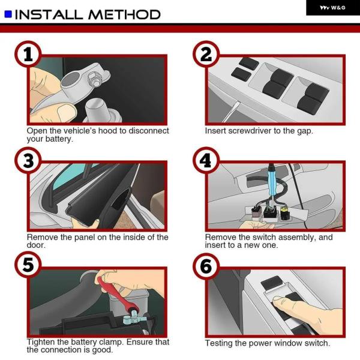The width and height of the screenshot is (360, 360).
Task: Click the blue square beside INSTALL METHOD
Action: pos(8,14)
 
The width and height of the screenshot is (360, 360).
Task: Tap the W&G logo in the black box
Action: pos(332,8)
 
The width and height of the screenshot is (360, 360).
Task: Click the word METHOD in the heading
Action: pos(124,14)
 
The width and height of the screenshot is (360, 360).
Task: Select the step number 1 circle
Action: pos(28,54)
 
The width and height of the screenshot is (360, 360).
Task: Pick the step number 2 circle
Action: pos(206,54)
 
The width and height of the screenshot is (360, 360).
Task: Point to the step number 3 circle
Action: pos(28,160)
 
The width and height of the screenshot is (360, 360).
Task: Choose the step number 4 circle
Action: pos(206,160)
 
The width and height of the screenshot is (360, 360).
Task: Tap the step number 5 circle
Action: pos(28,265)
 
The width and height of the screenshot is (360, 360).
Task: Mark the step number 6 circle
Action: pos(206,266)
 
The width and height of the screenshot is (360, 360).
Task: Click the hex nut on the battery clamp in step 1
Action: pos(95,79)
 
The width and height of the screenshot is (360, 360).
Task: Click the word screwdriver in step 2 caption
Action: pos(250,131)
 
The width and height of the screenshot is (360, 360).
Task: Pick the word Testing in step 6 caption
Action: pos(218,343)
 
